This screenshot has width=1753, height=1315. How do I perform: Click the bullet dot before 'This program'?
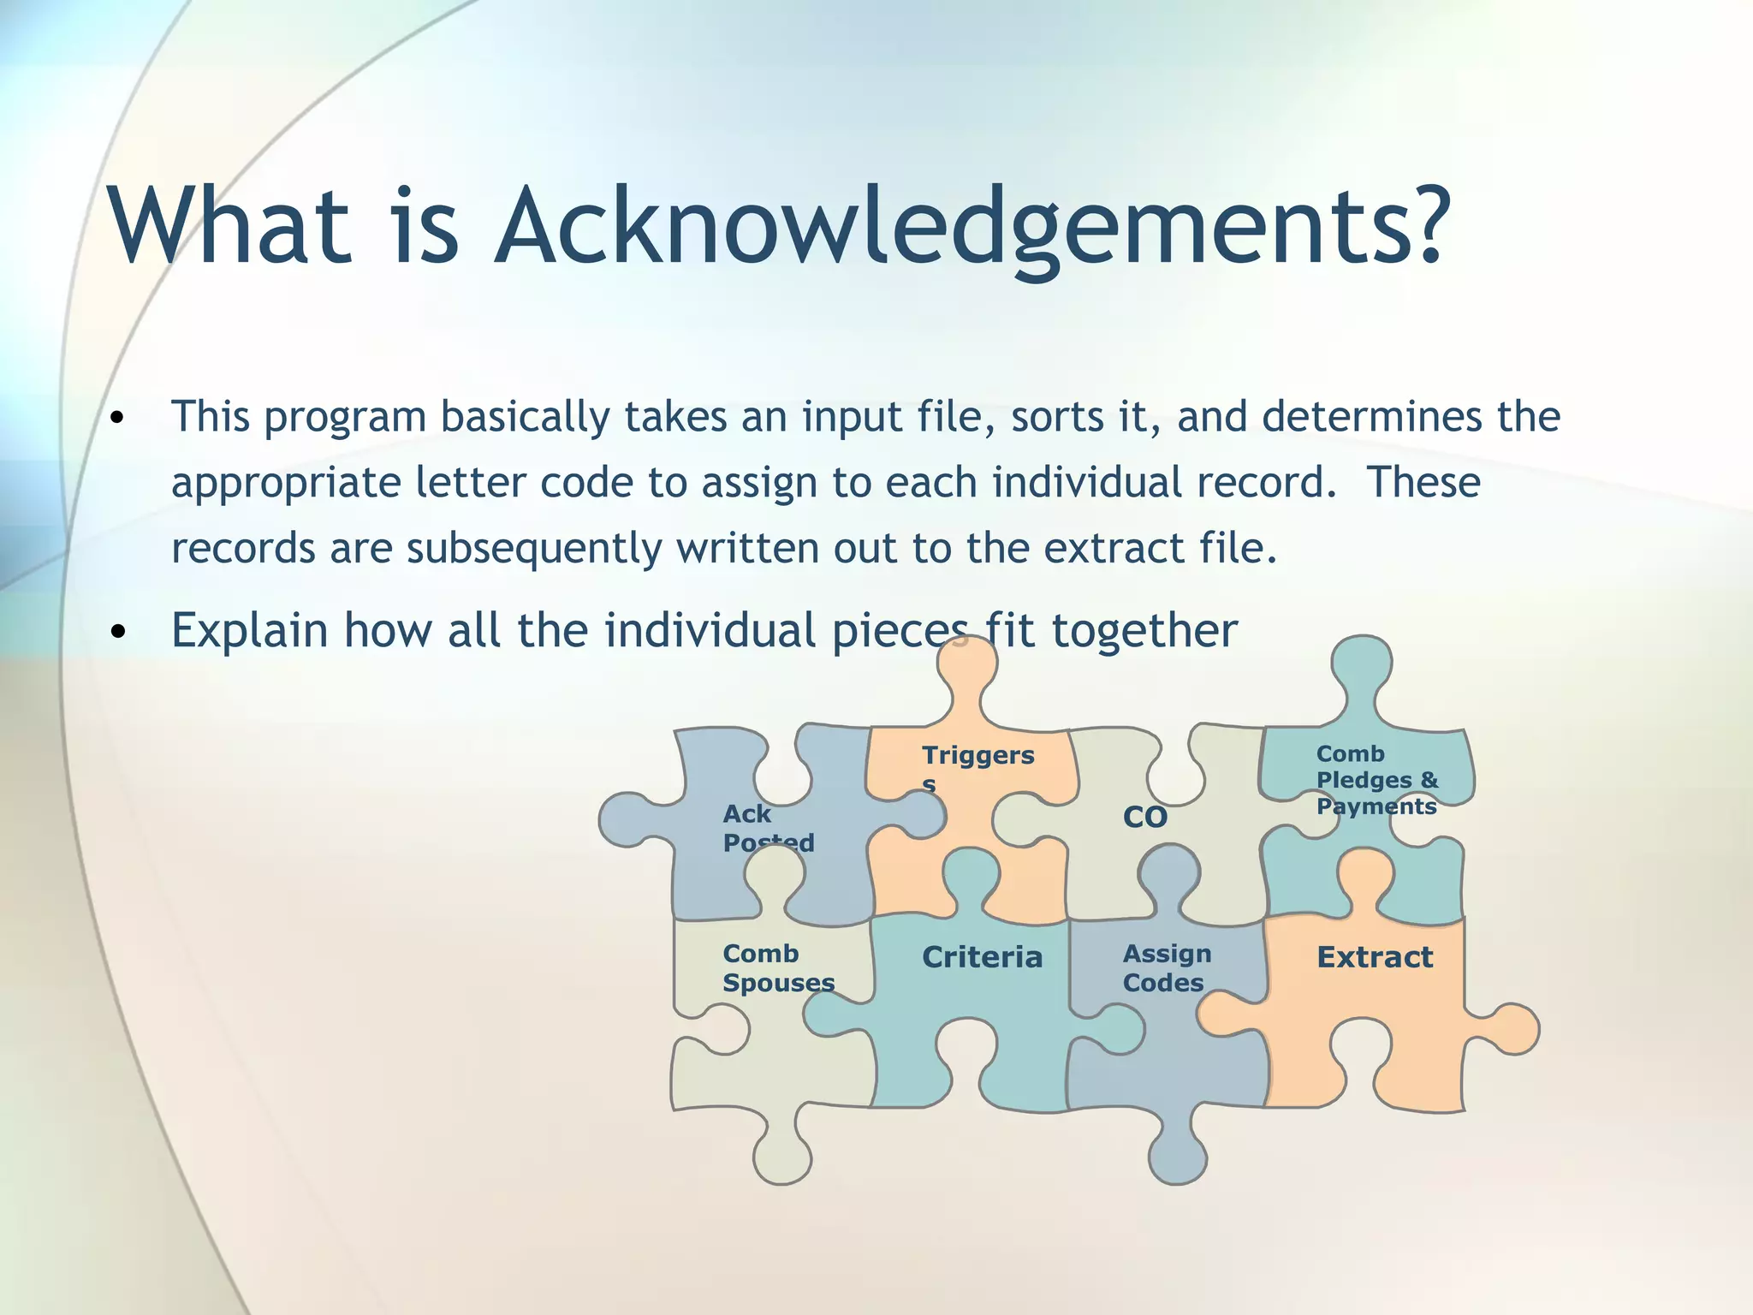(x=118, y=419)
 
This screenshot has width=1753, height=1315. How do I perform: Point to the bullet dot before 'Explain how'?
(x=118, y=633)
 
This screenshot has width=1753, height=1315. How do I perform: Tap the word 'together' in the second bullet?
(x=1144, y=631)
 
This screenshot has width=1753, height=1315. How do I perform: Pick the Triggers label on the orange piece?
(x=978, y=756)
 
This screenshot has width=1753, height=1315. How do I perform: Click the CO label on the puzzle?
(x=1144, y=818)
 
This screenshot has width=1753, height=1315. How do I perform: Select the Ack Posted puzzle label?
(x=767, y=828)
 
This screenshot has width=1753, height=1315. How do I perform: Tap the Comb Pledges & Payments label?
(x=1376, y=780)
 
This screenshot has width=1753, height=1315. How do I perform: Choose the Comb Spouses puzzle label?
(x=777, y=968)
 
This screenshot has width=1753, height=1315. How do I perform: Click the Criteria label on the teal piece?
(x=982, y=957)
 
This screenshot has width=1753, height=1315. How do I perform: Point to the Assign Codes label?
(x=1166, y=968)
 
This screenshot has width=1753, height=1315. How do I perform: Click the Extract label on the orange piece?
(x=1374, y=957)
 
